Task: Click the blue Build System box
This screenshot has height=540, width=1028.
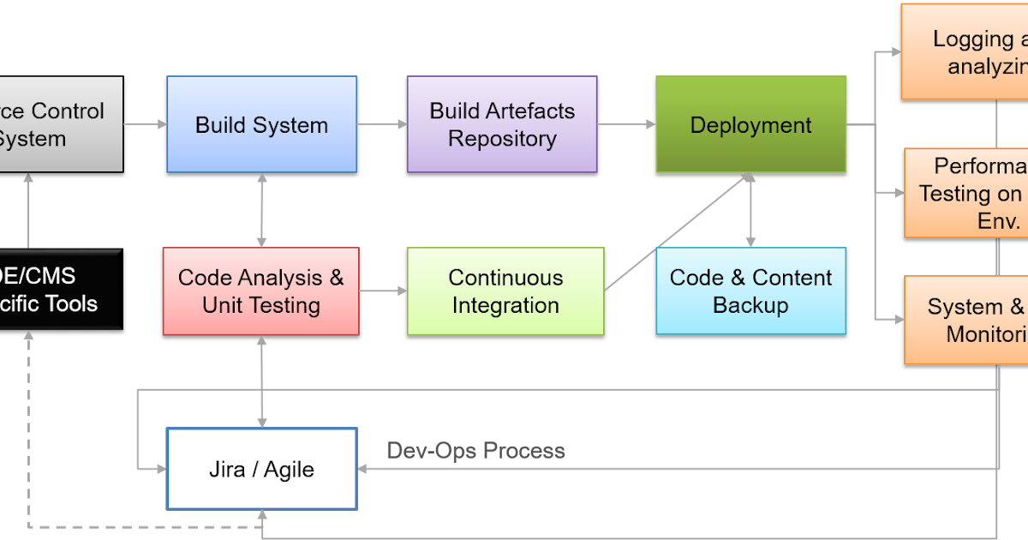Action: (261, 124)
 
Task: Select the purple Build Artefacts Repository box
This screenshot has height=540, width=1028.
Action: (501, 124)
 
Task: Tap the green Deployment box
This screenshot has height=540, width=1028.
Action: (750, 124)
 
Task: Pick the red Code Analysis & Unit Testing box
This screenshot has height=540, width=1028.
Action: (261, 291)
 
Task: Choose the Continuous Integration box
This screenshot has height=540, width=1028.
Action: (505, 291)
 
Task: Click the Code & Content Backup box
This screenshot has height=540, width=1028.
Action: (750, 291)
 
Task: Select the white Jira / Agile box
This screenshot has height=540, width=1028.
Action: (261, 469)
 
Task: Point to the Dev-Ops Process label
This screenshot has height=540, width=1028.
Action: (475, 451)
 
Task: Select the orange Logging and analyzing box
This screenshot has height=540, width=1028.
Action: (965, 51)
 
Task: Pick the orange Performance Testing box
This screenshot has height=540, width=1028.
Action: (966, 193)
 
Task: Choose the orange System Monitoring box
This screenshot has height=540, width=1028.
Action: (966, 320)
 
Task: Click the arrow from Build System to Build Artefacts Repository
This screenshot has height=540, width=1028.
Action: (381, 124)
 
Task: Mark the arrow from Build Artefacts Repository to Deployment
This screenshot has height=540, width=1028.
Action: (626, 124)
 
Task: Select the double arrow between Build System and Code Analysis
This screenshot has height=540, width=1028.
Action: (261, 210)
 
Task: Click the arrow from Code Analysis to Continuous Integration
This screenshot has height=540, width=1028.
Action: (382, 291)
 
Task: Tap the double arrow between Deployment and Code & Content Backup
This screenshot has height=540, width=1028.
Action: (750, 210)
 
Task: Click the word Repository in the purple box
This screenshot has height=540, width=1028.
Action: (502, 139)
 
